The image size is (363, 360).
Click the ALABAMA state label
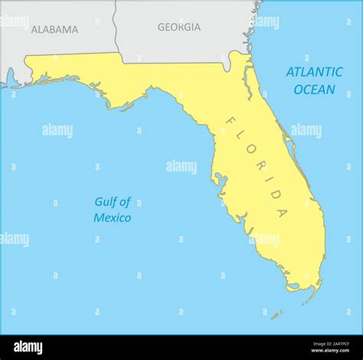click(54, 30)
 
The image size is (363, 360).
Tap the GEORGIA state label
click(179, 27)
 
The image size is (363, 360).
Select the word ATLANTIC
click(314, 72)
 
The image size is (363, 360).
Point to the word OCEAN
click(314, 90)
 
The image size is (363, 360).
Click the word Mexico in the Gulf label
click(112, 218)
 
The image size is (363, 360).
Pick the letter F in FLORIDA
click(229, 121)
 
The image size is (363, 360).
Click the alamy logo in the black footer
click(28, 348)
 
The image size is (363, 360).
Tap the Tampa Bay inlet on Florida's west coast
click(220, 182)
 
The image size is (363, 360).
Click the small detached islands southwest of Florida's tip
click(276, 314)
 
